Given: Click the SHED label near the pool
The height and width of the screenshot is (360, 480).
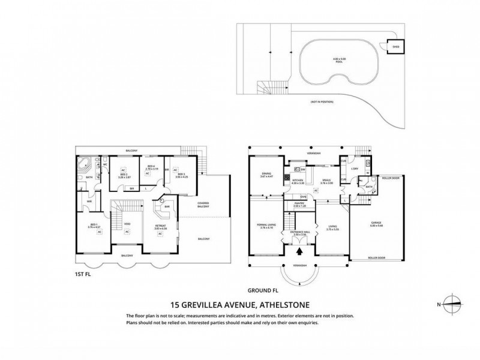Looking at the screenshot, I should coord(395,46).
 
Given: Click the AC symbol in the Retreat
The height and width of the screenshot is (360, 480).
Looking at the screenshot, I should coord(160,234).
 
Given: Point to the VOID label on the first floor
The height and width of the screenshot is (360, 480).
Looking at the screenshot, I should coord(126,224).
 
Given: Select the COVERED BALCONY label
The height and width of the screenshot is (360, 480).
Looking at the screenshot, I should coord(203,205).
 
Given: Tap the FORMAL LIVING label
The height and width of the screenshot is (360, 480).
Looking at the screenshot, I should coord(265,226).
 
